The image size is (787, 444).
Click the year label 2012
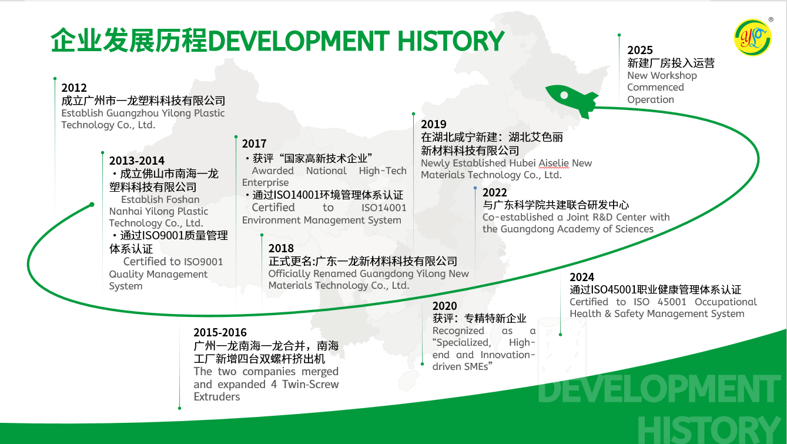coord(74,88)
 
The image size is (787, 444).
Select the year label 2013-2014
coord(137,161)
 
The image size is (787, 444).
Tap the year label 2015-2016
coord(220,332)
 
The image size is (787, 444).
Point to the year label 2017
coord(254,143)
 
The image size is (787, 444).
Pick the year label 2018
coord(281,248)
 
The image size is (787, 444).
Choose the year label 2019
coord(434,124)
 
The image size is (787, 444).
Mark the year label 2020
coord(444,306)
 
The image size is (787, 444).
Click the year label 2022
coord(494,192)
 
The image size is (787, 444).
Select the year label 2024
coord(582,277)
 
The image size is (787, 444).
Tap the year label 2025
coord(640,51)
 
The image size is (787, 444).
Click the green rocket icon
coord(571,98)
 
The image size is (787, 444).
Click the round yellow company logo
coord(753,38)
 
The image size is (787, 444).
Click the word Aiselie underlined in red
coord(554,163)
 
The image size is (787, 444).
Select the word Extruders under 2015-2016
coord(217,396)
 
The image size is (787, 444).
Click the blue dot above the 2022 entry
coord(475,188)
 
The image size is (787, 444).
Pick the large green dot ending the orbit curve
coord(92,205)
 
